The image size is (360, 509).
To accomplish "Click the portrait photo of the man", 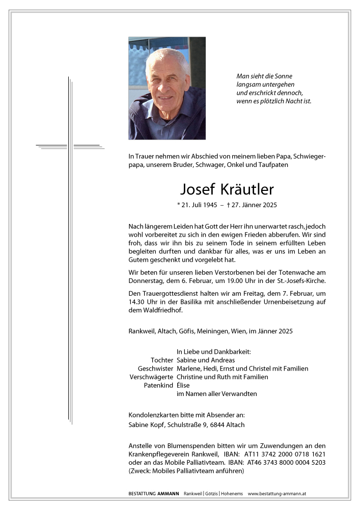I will click(167, 88).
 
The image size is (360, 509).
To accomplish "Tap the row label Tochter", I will click(162, 360).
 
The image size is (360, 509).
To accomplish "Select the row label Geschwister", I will click(155, 369).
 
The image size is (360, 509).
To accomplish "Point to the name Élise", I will click(183, 385).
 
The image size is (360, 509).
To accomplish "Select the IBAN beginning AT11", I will click(289, 454).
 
